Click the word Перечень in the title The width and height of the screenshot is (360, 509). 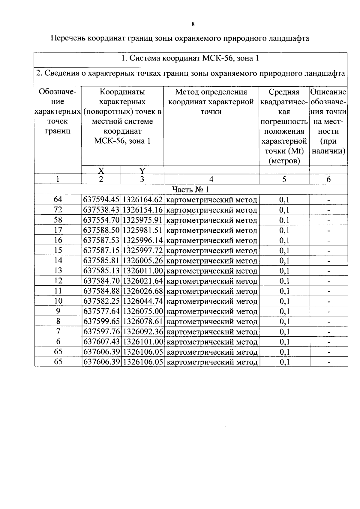click(68, 38)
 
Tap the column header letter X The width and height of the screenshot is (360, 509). click(101, 171)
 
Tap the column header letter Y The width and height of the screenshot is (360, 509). click(142, 171)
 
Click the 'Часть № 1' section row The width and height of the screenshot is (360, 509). click(190, 189)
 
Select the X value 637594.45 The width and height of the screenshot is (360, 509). click(101, 200)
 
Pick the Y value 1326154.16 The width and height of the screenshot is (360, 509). click(143, 210)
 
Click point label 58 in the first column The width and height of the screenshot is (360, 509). click(58, 220)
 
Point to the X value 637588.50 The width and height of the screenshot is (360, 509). click(101, 230)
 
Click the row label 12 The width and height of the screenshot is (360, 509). click(58, 281)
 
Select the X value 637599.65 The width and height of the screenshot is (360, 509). click(101, 321)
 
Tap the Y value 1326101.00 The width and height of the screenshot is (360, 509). click(143, 342)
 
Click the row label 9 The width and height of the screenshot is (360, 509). click(58, 311)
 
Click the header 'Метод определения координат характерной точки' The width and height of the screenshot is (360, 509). click(211, 102)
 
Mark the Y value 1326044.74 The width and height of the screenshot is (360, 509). click(143, 301)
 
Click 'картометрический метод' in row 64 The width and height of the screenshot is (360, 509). click(211, 200)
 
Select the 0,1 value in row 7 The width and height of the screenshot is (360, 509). click(284, 332)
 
